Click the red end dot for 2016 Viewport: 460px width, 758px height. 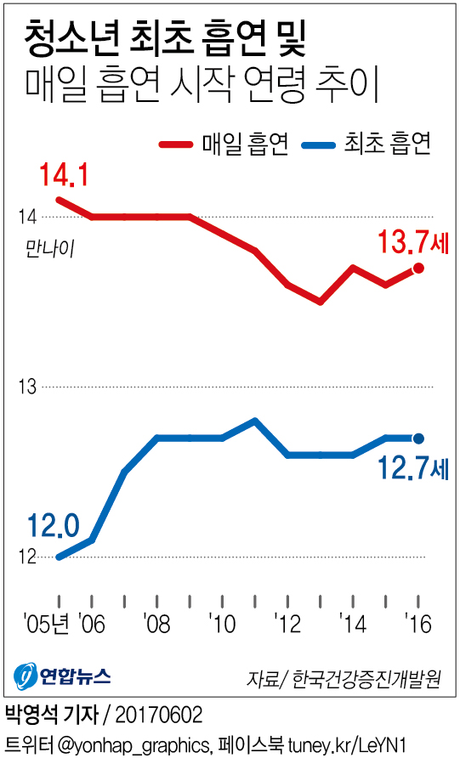coord(418,269)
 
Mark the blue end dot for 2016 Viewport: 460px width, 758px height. coord(417,438)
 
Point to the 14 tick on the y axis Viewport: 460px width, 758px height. coord(27,218)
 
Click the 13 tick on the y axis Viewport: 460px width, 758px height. coord(27,387)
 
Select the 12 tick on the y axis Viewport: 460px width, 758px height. coord(27,557)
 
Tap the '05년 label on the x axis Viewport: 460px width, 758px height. coord(47,624)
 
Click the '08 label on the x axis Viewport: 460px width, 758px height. coord(156,624)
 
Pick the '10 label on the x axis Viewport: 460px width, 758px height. coord(222,624)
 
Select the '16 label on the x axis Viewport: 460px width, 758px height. coord(417,624)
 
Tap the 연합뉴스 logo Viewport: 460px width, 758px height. coord(63,677)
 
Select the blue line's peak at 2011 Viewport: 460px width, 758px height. coord(254,421)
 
